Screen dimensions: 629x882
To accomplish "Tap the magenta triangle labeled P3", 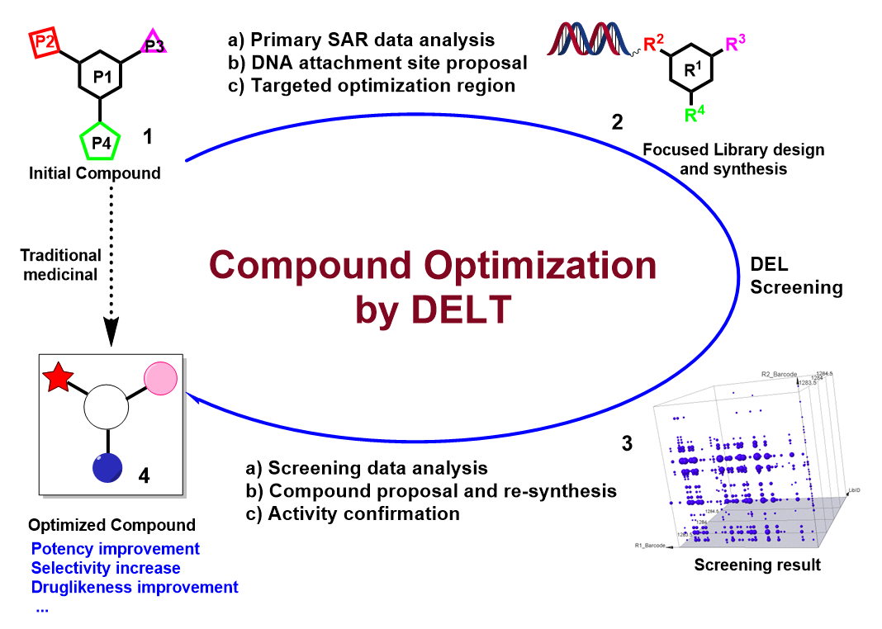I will (x=154, y=43).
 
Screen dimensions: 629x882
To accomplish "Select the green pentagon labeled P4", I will (x=100, y=143).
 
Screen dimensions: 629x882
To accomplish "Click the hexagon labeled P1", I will (x=101, y=78).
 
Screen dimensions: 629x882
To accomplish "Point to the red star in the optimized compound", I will (x=58, y=379).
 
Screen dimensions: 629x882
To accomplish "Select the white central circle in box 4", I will (x=106, y=409).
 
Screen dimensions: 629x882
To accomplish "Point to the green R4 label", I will (x=695, y=114).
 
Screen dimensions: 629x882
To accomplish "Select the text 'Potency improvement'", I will (x=115, y=549).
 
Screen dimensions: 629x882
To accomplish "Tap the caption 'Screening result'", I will (x=757, y=565).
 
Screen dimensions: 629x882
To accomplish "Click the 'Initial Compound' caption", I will (x=94, y=173).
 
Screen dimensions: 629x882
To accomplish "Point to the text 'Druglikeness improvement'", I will (x=134, y=587).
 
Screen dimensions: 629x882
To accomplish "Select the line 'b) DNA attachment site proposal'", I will (x=377, y=62).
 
